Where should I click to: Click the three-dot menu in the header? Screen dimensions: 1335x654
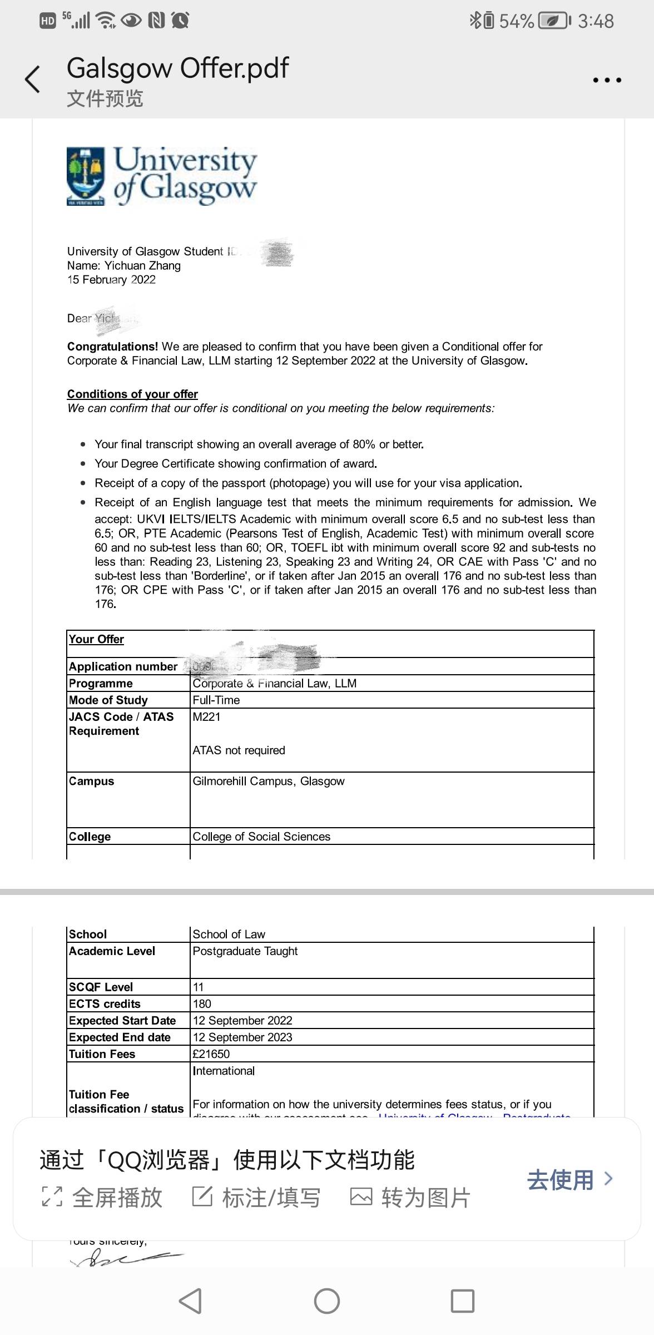[607, 80]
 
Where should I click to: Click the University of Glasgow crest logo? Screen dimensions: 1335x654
[86, 176]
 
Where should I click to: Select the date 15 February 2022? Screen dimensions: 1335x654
[111, 280]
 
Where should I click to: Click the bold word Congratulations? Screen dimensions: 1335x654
[113, 347]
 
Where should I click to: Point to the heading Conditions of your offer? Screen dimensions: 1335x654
[132, 394]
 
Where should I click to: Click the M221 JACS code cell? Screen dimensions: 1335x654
[207, 717]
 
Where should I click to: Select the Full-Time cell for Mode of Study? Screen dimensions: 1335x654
[216, 700]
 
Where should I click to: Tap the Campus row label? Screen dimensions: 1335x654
[92, 782]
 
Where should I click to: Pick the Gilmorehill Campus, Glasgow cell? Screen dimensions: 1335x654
[269, 782]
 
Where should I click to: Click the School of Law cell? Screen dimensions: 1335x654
[229, 934]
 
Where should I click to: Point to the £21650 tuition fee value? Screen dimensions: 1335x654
[211, 1054]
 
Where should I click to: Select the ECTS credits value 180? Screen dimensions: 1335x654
[202, 1004]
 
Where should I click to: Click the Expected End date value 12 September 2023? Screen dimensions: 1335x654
[242, 1037]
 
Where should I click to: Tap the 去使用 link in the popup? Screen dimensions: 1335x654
[569, 1179]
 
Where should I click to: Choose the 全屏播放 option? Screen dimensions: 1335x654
[103, 1198]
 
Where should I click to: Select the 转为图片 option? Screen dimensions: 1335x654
[410, 1198]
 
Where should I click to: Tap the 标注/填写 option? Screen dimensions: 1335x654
[256, 1198]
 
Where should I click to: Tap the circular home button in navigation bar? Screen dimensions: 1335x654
[327, 1301]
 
